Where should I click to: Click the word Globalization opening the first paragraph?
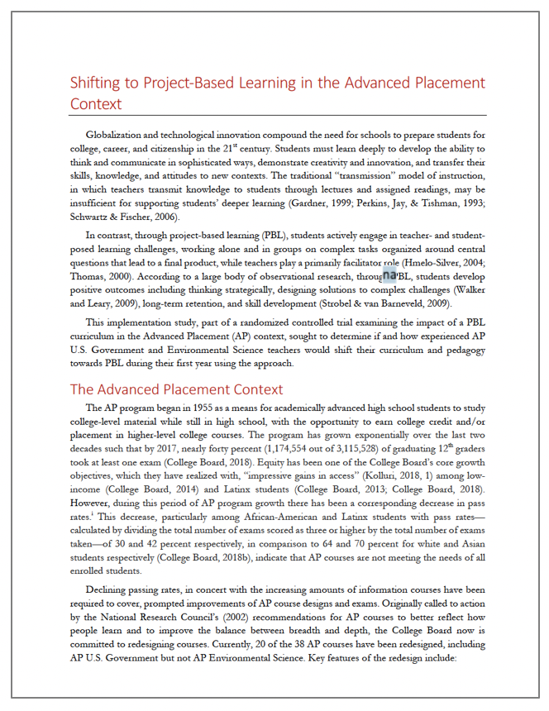tap(114, 135)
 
